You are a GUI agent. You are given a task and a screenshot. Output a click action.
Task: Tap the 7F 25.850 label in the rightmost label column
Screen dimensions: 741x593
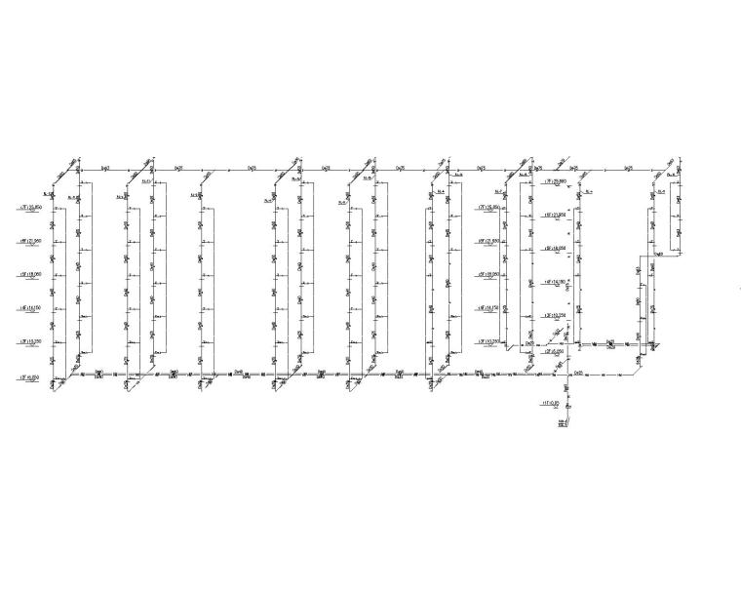pos(554,180)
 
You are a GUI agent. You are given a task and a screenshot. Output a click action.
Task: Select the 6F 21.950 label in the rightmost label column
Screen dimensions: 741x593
pos(554,215)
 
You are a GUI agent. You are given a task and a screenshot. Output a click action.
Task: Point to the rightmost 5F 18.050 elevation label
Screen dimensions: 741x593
pos(554,248)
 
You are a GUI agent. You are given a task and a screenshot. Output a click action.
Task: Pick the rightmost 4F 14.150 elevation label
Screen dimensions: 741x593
pos(554,282)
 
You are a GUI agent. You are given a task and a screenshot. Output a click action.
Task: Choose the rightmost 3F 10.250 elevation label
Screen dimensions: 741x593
pos(554,316)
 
